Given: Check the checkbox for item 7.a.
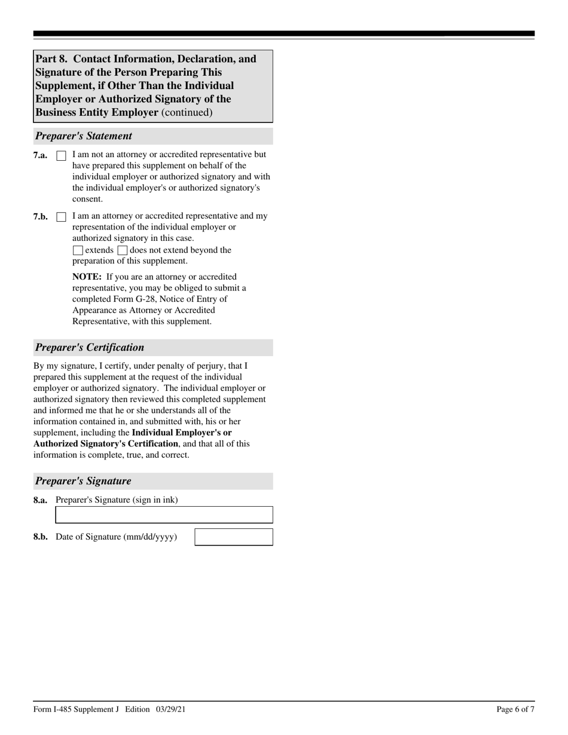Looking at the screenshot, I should pos(61,155).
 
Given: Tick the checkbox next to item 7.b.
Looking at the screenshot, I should pos(61,217).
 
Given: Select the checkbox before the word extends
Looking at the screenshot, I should pos(78,250).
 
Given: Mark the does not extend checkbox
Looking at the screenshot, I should pos(123,250).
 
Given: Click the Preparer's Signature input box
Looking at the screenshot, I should pos(164,514).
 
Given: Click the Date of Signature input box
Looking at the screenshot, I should pos(234,537).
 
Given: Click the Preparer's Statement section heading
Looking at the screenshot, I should pos(84,136).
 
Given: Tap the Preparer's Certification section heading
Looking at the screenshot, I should pos(90,348).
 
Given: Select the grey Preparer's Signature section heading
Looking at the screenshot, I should pos(83,481).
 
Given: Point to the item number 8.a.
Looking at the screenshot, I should pos(41,500).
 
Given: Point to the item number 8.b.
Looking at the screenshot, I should pos(41,537).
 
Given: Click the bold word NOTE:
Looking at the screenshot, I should pos(87,277).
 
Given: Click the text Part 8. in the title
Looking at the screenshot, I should pos(51,59).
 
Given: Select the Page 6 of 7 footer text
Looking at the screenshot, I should pos(515,709).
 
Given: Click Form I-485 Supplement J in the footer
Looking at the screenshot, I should pos(77,709).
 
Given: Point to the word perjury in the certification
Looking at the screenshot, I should pos(196,366).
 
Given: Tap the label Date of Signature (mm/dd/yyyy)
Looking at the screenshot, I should pos(116,537).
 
